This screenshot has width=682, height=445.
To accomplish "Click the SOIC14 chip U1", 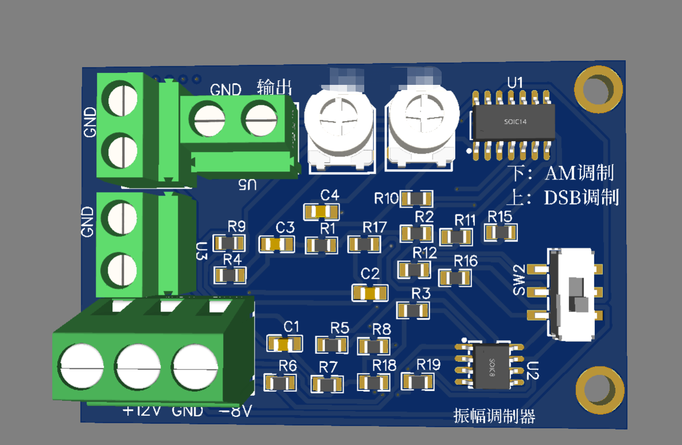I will (513, 122).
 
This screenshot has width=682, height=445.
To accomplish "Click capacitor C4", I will (321, 212).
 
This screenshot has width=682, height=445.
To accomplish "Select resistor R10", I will (417, 199).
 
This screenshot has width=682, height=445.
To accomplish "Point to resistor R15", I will (501, 232).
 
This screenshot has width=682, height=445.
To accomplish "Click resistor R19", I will (418, 381).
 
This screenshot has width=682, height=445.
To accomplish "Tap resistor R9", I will (230, 243).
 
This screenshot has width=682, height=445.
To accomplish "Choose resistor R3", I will (413, 310).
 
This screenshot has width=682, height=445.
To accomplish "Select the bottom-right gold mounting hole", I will (598, 389).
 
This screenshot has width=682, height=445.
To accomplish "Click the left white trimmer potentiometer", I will (340, 123).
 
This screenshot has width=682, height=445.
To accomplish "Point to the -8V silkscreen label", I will (235, 411).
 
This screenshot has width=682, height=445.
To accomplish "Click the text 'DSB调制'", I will (580, 198).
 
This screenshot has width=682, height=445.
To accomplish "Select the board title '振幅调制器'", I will (494, 416).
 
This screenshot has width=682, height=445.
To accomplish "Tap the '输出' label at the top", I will (274, 87).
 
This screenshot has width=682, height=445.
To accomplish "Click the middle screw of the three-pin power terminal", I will (138, 365).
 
